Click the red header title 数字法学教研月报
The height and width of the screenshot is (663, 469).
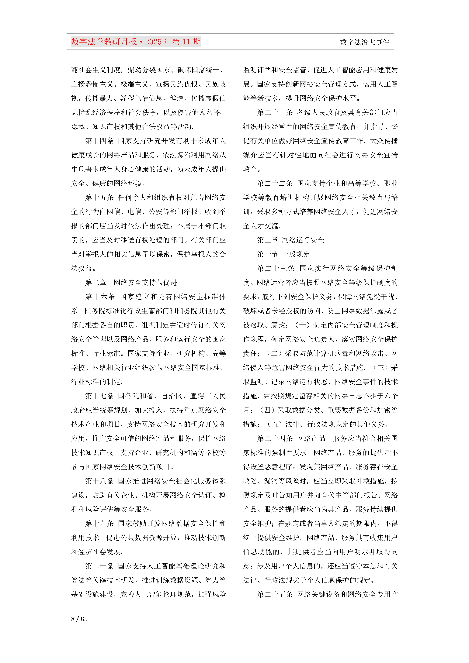(x=104, y=42)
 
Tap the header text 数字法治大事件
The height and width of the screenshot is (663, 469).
(x=364, y=42)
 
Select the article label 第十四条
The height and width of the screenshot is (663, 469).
(x=99, y=141)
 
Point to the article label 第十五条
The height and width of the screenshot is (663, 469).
(x=99, y=198)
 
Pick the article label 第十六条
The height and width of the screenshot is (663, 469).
(x=100, y=297)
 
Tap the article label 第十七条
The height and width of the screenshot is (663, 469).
(x=99, y=396)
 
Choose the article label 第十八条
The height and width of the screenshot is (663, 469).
(x=99, y=481)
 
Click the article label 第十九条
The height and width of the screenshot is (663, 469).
(x=99, y=523)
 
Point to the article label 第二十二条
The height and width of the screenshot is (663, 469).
(x=275, y=183)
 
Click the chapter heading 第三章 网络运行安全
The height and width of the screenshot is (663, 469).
(x=291, y=240)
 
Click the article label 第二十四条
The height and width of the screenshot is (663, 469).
(x=275, y=438)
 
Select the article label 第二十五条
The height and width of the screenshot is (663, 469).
(x=275, y=594)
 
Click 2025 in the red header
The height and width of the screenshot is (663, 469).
(x=153, y=42)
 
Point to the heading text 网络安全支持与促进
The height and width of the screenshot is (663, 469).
(x=145, y=282)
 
